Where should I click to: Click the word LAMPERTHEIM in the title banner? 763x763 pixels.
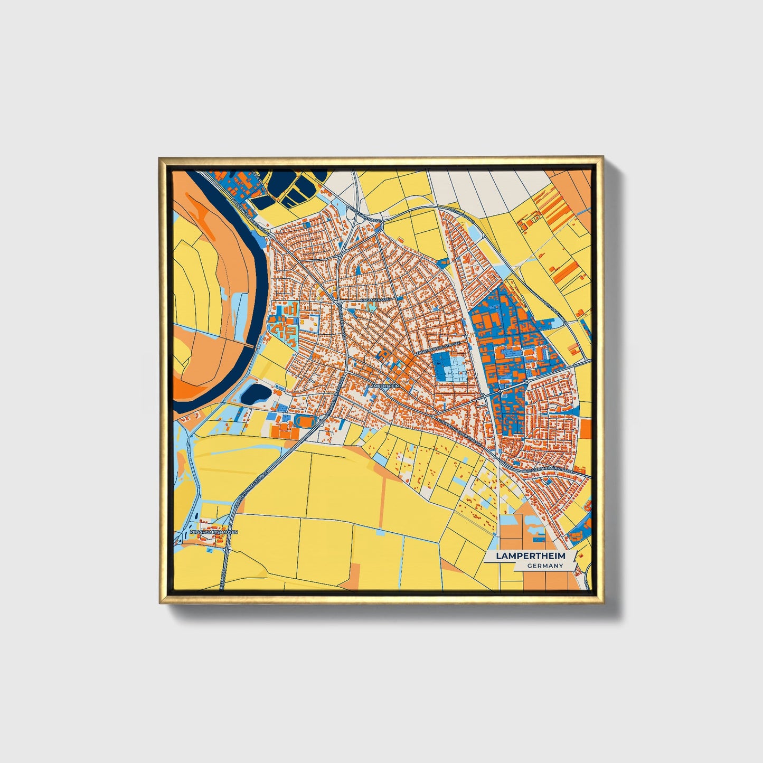530,556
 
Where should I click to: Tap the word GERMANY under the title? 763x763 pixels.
545,566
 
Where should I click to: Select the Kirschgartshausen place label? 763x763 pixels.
213,533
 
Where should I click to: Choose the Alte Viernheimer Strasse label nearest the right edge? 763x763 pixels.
548,469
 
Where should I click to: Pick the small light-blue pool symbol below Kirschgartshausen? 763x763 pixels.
210,549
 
